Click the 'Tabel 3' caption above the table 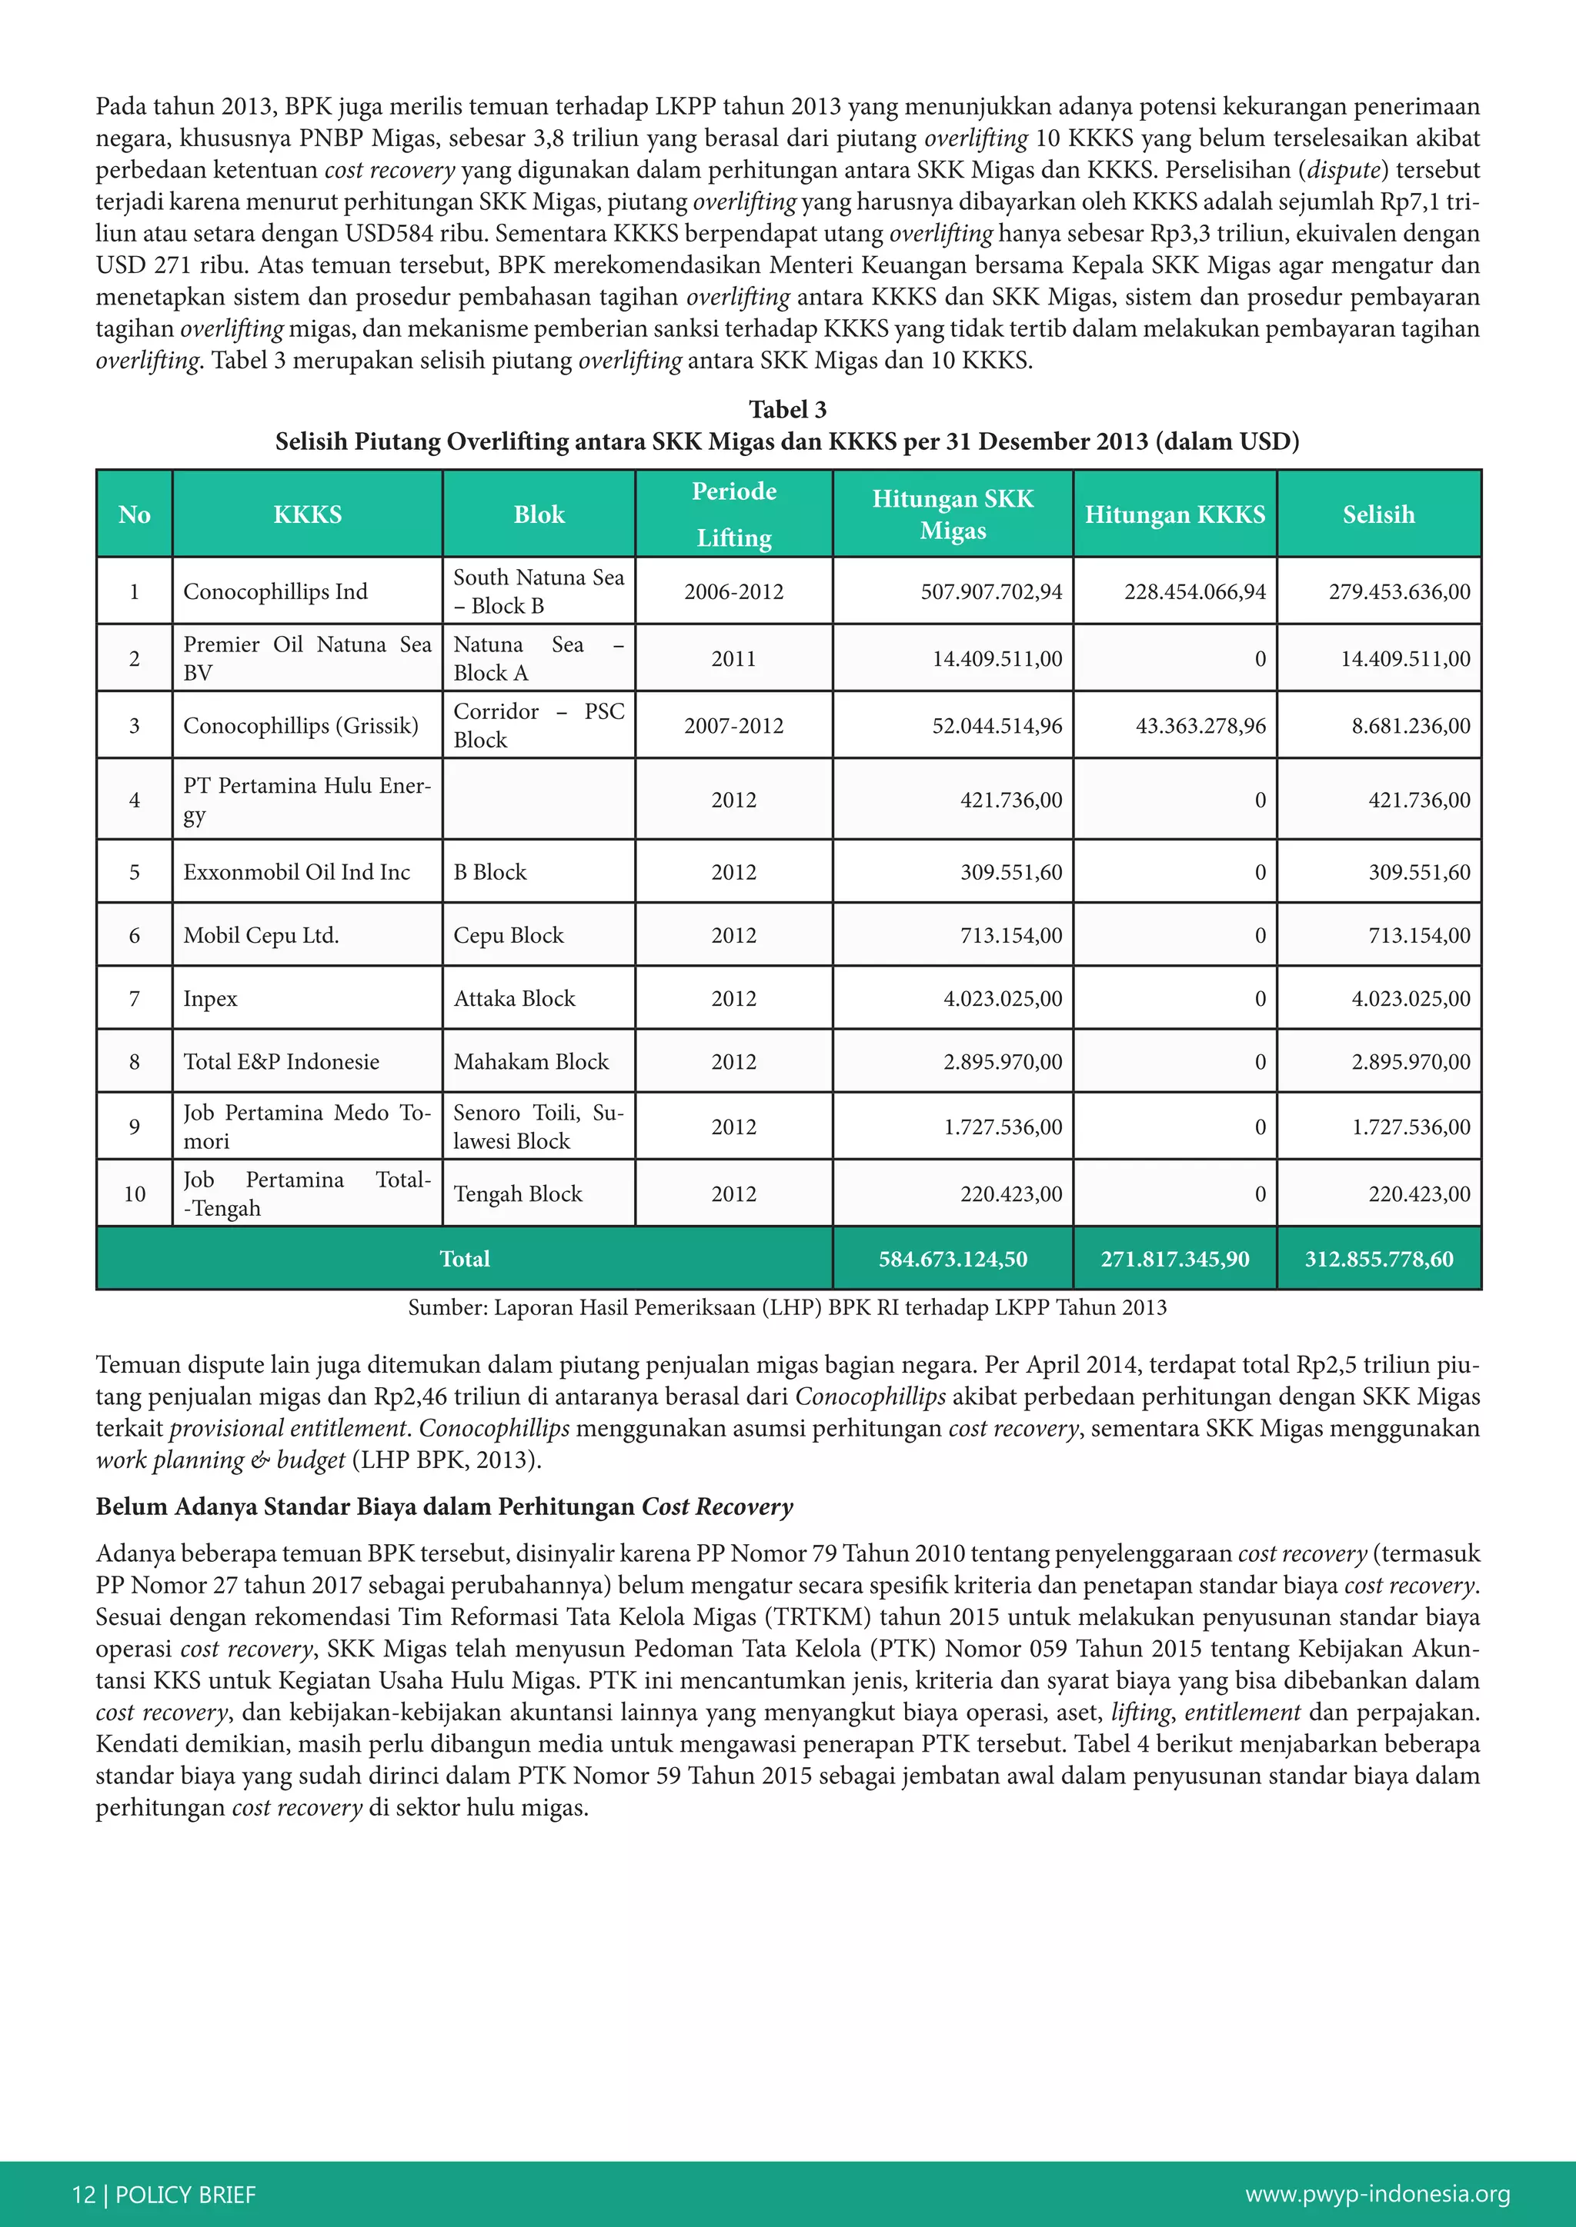787,409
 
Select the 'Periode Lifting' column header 733,514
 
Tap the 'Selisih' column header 1378,514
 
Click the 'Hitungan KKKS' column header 1174,514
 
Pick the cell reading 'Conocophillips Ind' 275,591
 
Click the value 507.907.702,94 991,591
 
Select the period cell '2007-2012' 733,725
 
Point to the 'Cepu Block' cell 509,935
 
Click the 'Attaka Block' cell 514,998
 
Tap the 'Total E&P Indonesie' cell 282,1061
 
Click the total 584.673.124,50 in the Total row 952,1259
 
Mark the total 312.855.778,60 1378,1259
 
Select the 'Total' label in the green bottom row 464,1259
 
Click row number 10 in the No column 135,1194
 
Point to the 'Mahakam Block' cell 531,1061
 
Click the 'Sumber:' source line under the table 787,1307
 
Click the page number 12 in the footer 83,2194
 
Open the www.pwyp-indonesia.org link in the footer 1377,2194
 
